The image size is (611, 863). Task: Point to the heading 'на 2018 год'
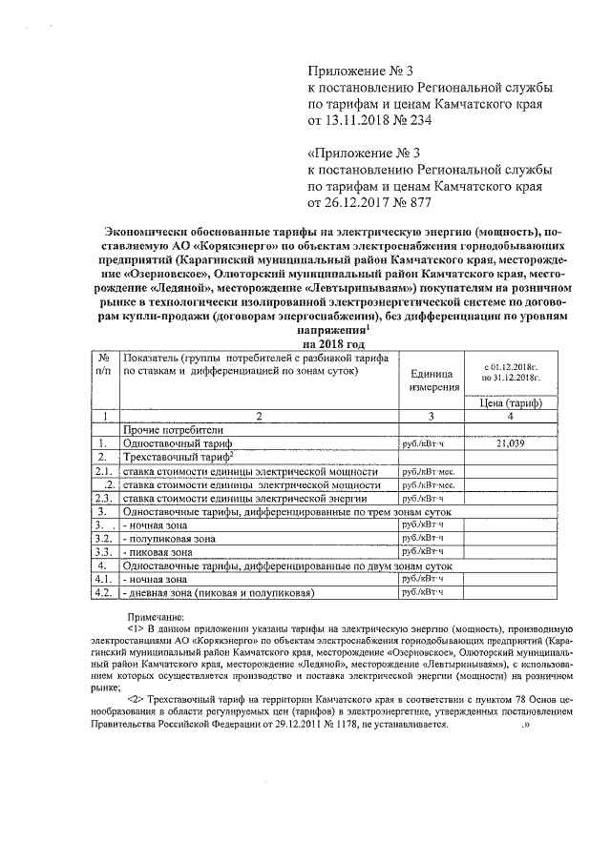tap(334, 343)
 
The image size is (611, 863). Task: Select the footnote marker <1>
tap(137, 629)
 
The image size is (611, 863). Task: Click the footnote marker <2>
tap(137, 700)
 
